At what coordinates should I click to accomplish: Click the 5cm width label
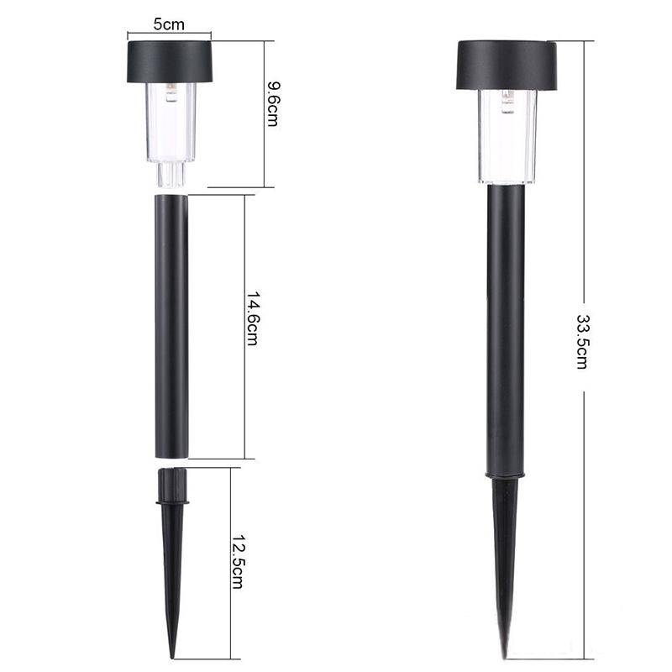(x=169, y=24)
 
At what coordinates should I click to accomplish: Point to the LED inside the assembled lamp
(x=507, y=102)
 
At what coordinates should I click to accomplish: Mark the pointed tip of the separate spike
(x=173, y=656)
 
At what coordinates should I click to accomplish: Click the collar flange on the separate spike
(x=172, y=503)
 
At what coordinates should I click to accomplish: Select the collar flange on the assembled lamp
(x=505, y=478)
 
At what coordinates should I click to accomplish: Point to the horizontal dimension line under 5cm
(x=169, y=36)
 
